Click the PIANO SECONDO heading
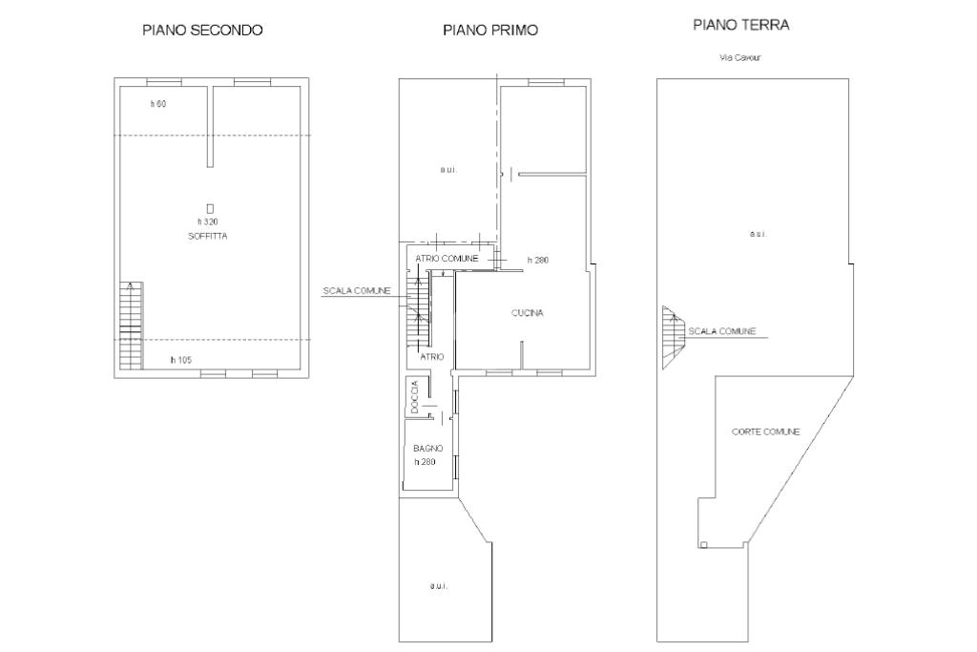[x=202, y=30]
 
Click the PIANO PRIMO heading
[x=490, y=30]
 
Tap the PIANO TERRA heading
[x=741, y=25]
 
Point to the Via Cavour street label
[x=740, y=57]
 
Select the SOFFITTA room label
[x=207, y=236]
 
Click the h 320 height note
[x=208, y=221]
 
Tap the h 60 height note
[x=158, y=104]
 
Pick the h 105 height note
[x=181, y=360]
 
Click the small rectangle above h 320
[x=211, y=209]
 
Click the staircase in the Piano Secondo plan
[x=132, y=325]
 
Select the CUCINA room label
[x=527, y=313]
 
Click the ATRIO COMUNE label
[x=447, y=258]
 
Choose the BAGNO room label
[x=428, y=448]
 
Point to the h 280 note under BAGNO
[x=425, y=462]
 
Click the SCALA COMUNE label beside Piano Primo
[x=357, y=290]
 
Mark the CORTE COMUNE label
[x=766, y=431]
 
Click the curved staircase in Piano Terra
[x=674, y=337]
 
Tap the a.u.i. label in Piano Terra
[x=759, y=235]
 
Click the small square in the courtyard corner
[x=703, y=545]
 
